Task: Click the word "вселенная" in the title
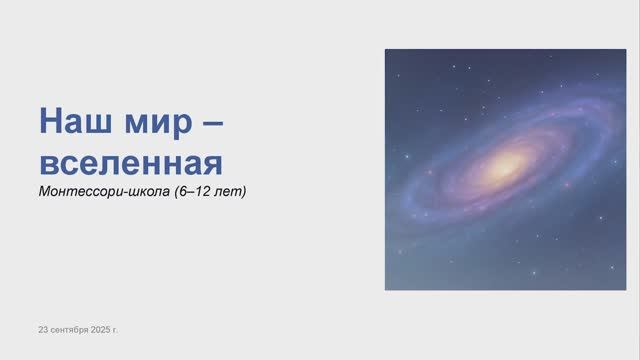pyautogui.click(x=129, y=161)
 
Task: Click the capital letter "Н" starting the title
pyautogui.click(x=50, y=122)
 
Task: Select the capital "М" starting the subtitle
pyautogui.click(x=44, y=190)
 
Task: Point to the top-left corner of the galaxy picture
pyautogui.click(x=386, y=50)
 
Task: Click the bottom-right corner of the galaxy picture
pyautogui.click(x=597, y=289)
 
